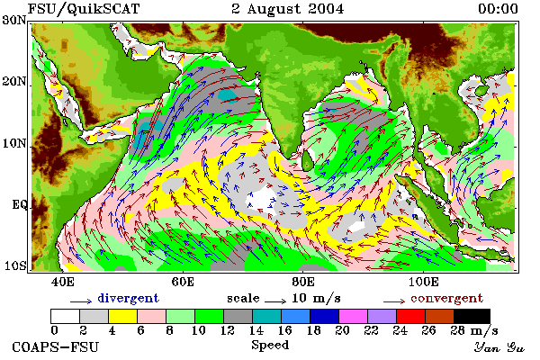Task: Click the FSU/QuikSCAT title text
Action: pos(84,9)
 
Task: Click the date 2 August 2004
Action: pos(288,9)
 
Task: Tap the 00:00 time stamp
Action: pos(498,9)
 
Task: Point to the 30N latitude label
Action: pos(14,20)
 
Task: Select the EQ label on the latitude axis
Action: pos(20,205)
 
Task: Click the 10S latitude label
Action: pos(14,266)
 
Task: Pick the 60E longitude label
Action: pos(183,282)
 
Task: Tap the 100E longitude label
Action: pos(424,282)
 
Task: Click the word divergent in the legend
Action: pos(128,298)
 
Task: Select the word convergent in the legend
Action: pos(447,298)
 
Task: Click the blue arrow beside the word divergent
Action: pos(81,301)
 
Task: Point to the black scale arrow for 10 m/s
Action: pos(275,301)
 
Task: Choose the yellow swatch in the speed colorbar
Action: pos(122,316)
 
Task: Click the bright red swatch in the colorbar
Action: pos(410,316)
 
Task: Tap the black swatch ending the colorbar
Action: pos(472,316)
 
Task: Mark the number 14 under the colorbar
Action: pos(256,330)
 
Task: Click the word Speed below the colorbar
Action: pos(270,346)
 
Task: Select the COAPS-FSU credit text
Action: pos(56,346)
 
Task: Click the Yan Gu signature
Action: pos(499,347)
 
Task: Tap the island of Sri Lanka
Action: pos(308,160)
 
